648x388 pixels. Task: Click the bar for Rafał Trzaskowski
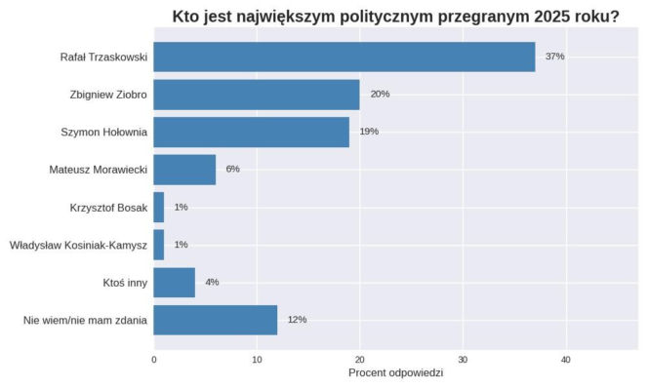point(344,57)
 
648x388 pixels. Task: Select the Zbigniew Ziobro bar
point(257,95)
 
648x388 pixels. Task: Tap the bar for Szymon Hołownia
point(251,132)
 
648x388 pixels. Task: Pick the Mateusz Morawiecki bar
point(184,170)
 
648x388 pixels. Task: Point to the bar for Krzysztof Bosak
point(159,207)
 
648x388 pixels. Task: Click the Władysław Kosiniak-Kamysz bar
point(159,245)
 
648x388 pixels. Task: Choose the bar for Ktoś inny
point(174,282)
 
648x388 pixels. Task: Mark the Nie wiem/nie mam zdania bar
point(215,320)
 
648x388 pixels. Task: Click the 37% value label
point(554,57)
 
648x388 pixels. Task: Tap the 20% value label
point(380,95)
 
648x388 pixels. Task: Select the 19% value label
point(369,132)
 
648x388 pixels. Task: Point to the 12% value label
point(297,320)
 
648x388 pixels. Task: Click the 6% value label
point(232,170)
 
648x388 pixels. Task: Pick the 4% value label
point(212,283)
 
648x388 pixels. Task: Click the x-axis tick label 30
point(463,359)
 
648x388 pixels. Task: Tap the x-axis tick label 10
point(257,359)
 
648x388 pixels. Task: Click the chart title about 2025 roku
point(395,16)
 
